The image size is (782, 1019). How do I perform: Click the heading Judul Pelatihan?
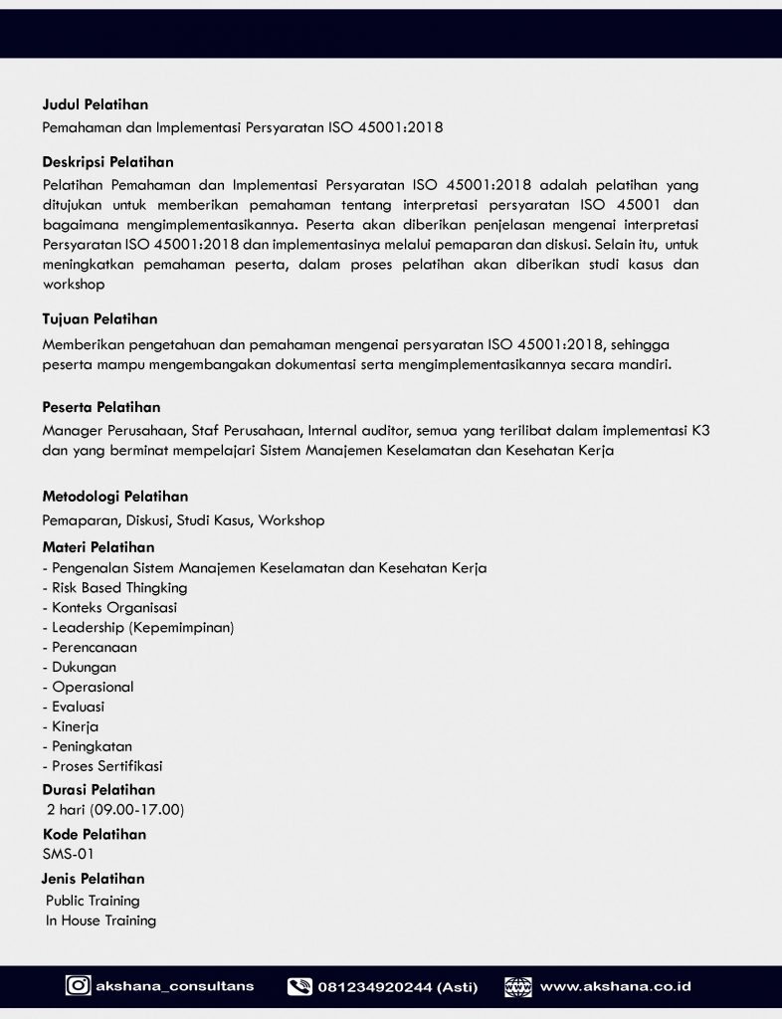click(96, 104)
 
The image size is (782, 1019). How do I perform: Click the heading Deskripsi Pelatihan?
click(107, 162)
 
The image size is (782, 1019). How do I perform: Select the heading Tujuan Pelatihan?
click(99, 319)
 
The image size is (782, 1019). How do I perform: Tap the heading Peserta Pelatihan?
click(100, 407)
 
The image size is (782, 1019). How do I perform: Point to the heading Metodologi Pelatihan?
click(114, 497)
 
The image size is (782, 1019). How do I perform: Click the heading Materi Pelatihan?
click(98, 547)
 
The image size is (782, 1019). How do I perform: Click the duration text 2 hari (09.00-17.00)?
click(114, 809)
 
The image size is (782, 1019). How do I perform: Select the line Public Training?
click(93, 901)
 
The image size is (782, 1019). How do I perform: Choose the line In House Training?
click(100, 920)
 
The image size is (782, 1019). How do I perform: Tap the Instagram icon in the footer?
click(78, 986)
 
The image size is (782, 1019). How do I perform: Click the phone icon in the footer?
click(299, 987)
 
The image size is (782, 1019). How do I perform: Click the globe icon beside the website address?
click(517, 987)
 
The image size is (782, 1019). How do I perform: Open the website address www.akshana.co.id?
click(615, 987)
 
